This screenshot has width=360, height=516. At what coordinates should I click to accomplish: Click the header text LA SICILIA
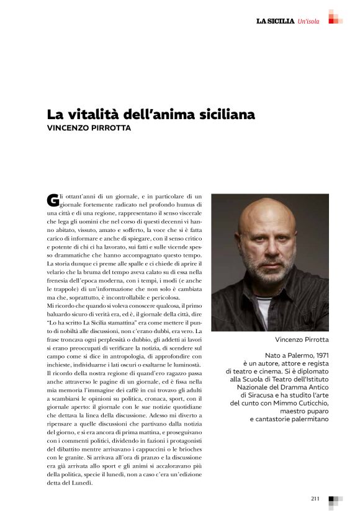[x=276, y=22]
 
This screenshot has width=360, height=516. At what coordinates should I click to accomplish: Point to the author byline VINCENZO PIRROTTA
[x=90, y=129]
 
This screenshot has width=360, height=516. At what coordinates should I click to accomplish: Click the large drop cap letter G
[x=53, y=200]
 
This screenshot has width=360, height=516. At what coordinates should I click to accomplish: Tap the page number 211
[x=315, y=498]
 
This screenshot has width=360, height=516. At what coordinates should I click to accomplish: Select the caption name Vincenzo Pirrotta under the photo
[x=302, y=340]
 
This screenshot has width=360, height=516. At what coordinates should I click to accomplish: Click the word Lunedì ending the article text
[x=81, y=482]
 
